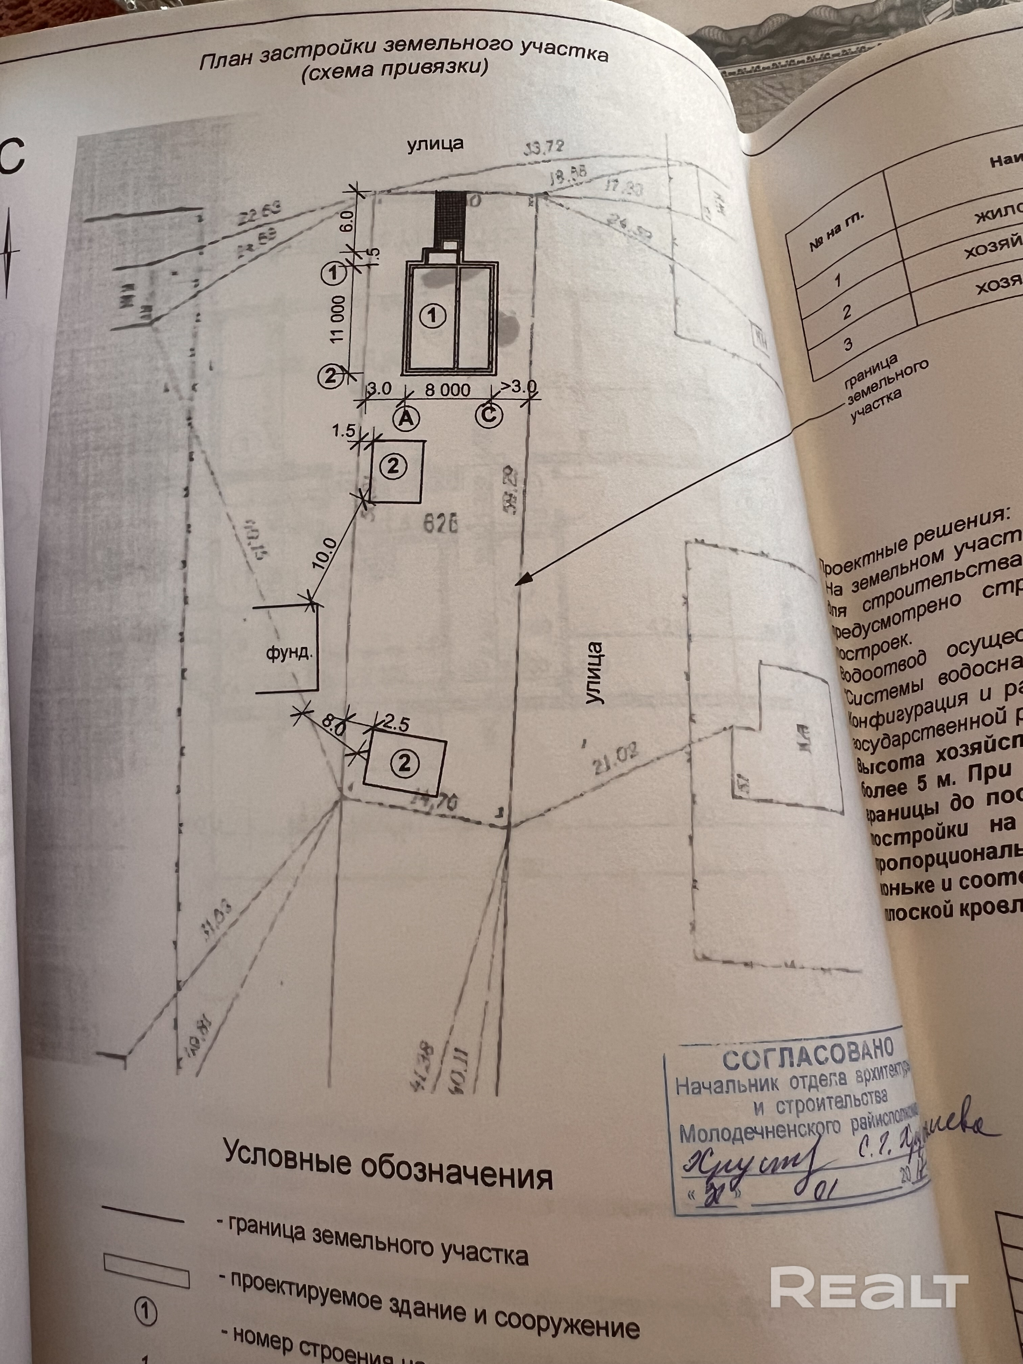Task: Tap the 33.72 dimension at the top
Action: (543, 147)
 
